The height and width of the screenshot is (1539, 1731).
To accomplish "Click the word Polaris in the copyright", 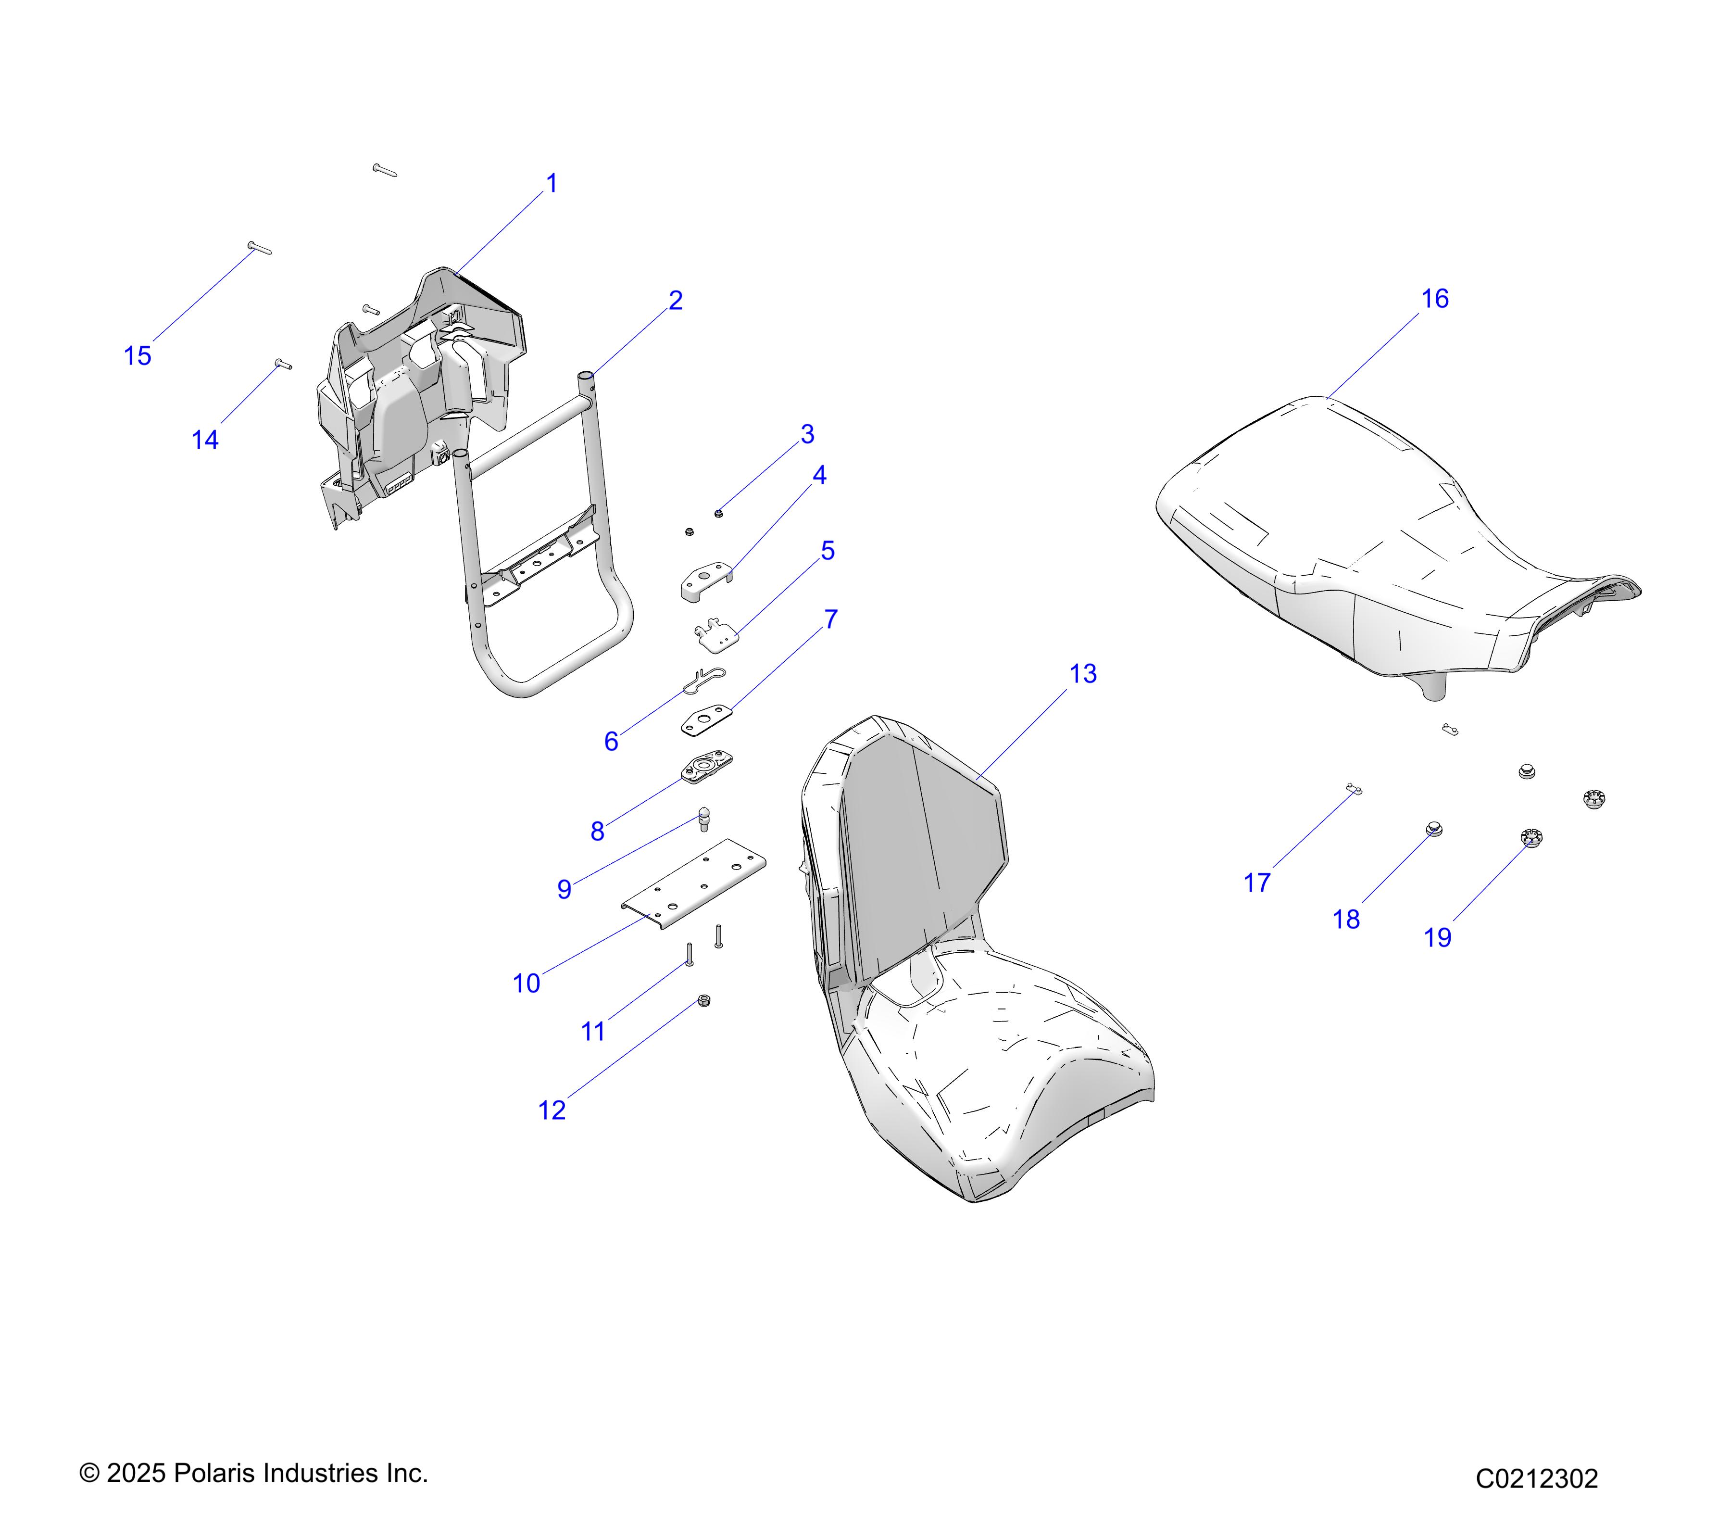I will click(x=218, y=1473).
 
